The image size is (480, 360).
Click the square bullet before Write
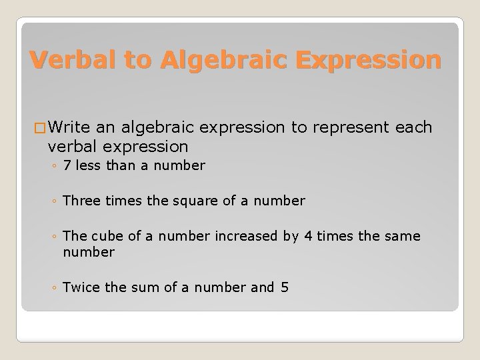point(39,128)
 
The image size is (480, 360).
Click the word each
point(414,127)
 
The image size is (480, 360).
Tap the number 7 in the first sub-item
point(67,165)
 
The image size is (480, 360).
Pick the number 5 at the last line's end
point(285,287)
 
